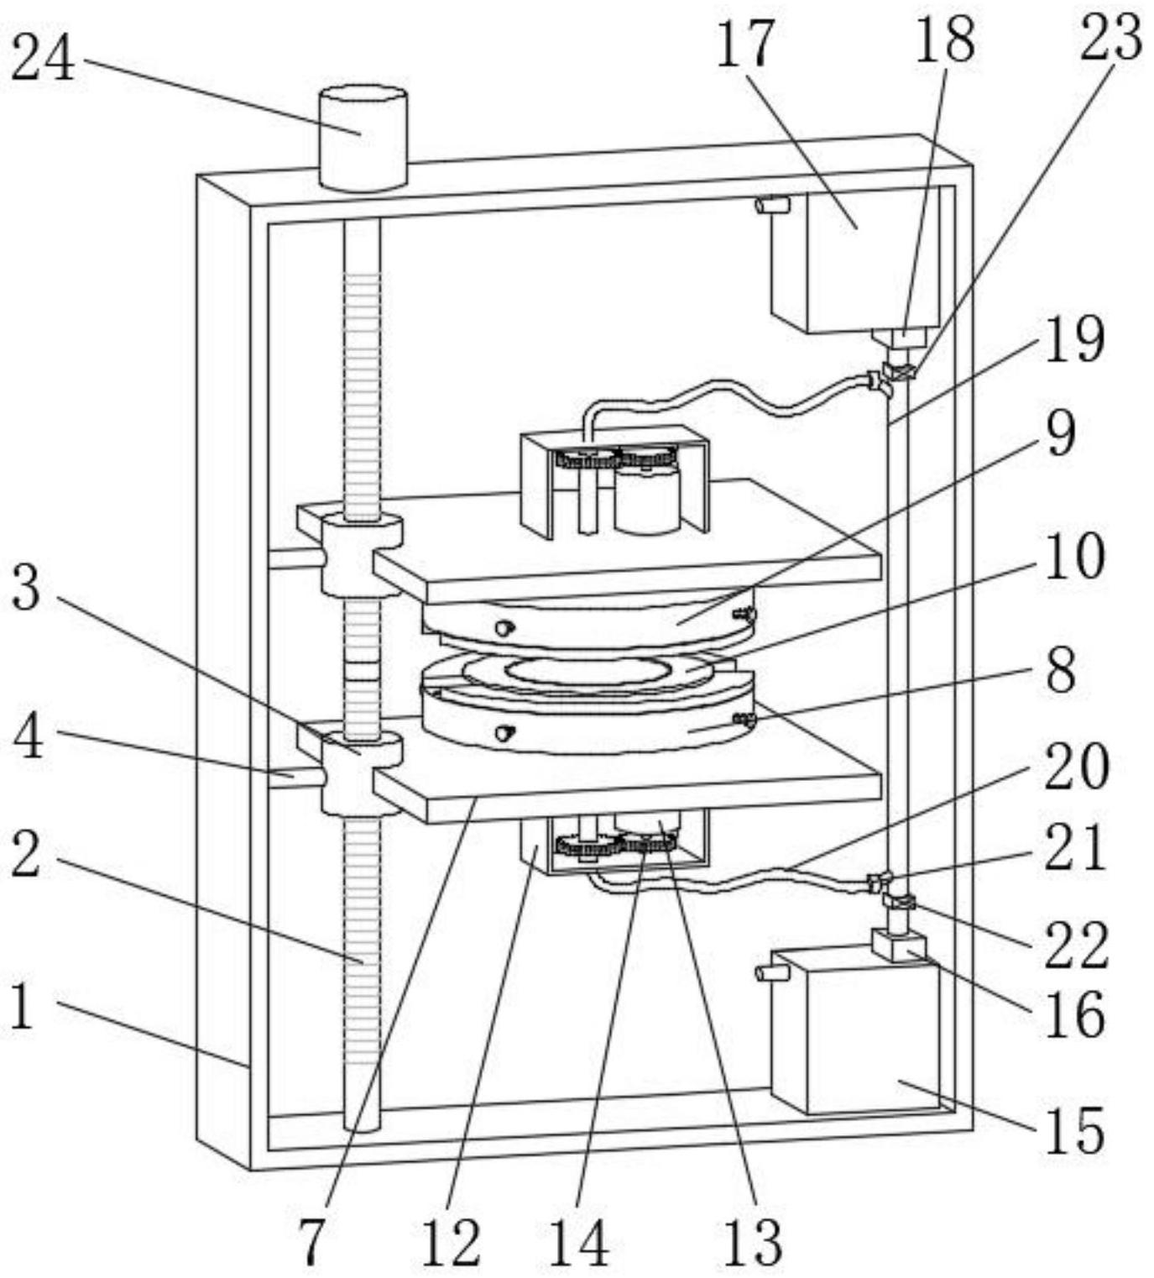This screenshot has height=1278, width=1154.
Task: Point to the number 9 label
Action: (x=1061, y=434)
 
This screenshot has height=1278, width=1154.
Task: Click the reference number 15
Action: (x=1074, y=1131)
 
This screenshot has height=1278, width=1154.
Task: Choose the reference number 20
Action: (x=1078, y=767)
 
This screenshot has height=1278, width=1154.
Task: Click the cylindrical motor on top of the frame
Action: (x=363, y=139)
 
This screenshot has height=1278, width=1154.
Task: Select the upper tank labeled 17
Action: (x=856, y=260)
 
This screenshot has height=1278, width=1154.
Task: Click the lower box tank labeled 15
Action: (x=856, y=1037)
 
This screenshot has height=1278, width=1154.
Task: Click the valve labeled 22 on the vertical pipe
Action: (x=900, y=903)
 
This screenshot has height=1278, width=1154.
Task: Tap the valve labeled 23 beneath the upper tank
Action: (x=900, y=370)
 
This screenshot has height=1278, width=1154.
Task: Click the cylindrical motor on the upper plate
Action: (x=646, y=500)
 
